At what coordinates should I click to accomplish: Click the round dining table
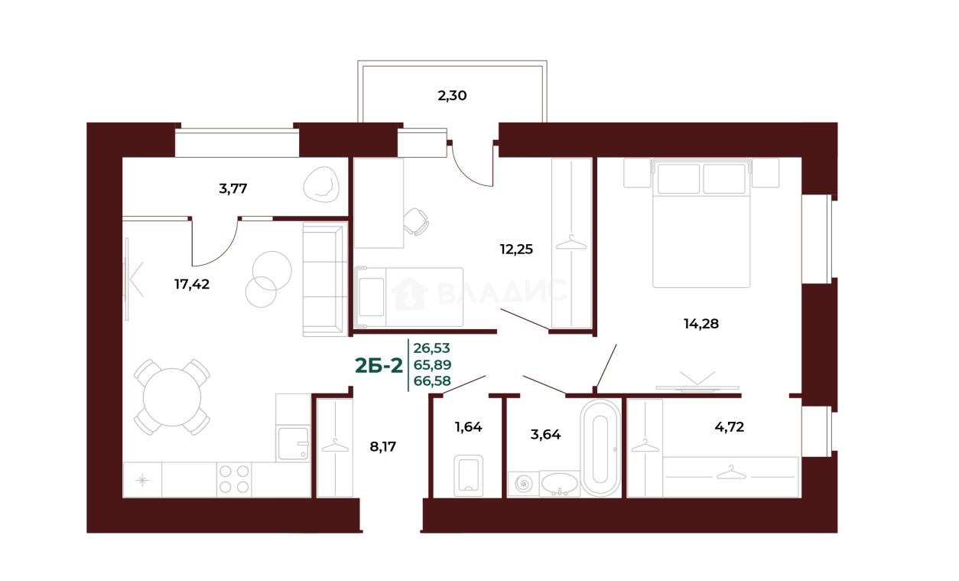(173, 397)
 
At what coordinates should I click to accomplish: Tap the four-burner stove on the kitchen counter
(234, 479)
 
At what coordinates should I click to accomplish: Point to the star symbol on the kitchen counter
(143, 480)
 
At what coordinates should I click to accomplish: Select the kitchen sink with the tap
(293, 442)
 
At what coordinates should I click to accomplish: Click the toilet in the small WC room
(468, 475)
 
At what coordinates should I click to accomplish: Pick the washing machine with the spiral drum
(524, 484)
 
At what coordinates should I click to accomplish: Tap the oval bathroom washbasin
(561, 483)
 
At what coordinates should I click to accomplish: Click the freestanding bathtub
(600, 448)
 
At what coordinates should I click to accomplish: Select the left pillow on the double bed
(678, 179)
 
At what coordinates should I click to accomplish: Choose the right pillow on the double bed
(724, 179)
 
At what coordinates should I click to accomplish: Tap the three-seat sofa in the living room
(324, 280)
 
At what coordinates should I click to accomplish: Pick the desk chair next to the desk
(418, 221)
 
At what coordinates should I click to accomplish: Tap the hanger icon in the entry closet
(335, 445)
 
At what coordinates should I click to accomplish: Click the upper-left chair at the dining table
(147, 370)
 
